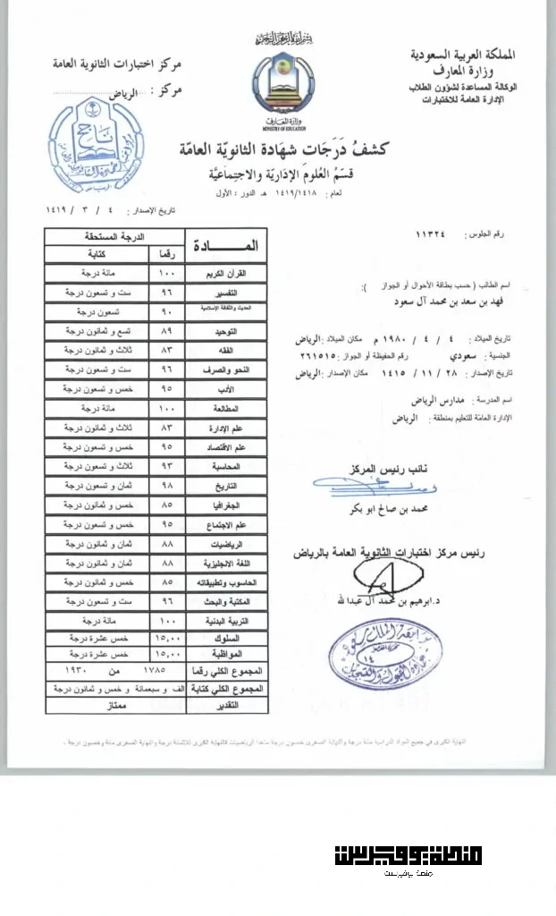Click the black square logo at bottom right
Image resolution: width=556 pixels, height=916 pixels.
pos(408,855)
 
